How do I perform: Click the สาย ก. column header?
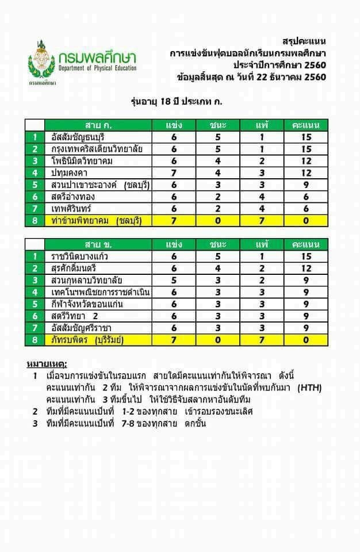tap(98, 125)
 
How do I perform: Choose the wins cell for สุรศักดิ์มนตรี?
tap(217, 269)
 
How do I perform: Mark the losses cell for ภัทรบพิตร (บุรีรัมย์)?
tap(261, 340)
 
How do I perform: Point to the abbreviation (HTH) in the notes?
tap(309, 388)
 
